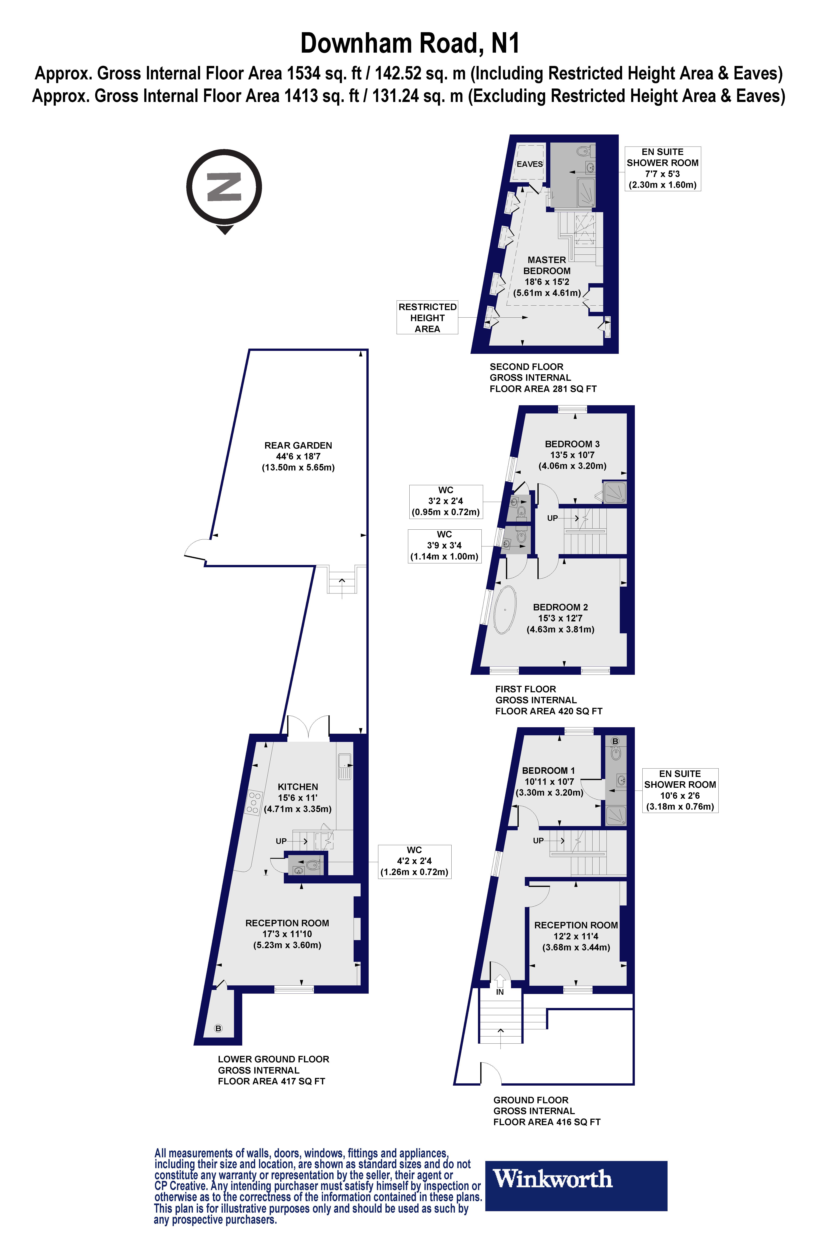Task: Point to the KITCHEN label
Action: tap(298, 787)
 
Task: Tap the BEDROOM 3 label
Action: tap(572, 444)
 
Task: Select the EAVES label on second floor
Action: tap(529, 164)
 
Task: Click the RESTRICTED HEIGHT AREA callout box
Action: tap(427, 318)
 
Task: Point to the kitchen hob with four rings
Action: tap(253, 802)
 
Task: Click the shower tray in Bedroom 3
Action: tap(615, 493)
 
